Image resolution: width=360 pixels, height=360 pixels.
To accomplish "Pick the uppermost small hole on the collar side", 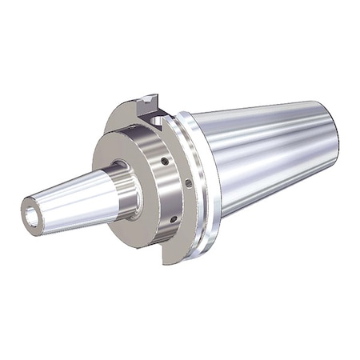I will [164, 160].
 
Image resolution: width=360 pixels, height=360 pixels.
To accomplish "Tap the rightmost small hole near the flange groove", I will [188, 183].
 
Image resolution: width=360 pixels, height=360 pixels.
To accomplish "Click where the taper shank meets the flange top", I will [192, 114].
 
